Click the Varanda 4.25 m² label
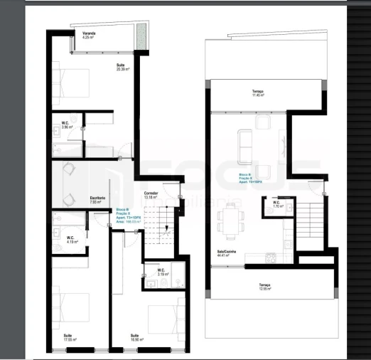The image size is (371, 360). click(x=89, y=35)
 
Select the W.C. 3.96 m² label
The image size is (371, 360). click(x=65, y=125)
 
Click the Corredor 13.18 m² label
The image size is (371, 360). click(x=151, y=195)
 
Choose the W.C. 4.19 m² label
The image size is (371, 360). click(x=71, y=239)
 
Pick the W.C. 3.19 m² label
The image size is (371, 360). click(x=161, y=272)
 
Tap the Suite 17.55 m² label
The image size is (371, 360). click(x=70, y=337)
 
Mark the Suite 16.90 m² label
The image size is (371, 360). click(x=134, y=337)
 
